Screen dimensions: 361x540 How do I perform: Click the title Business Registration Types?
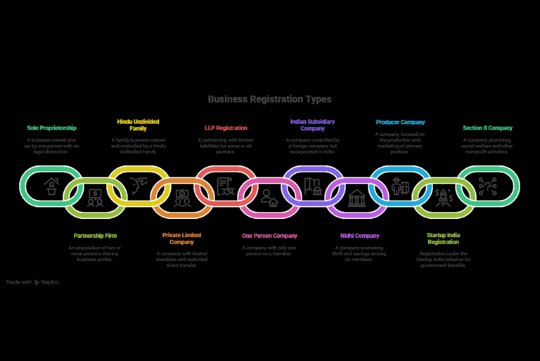269,99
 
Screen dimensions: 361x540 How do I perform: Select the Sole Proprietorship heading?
51,128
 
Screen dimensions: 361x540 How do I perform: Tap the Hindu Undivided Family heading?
138,125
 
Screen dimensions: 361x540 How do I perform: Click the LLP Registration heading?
226,128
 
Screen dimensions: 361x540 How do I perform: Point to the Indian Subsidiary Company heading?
312,125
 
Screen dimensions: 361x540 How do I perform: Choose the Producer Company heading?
400,122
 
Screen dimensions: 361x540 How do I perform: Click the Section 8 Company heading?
487,128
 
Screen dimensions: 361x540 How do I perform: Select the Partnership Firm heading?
95,236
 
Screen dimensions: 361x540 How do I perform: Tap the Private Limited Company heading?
181,239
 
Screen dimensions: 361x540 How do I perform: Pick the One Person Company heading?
269,236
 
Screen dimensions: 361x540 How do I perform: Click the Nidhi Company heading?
357,236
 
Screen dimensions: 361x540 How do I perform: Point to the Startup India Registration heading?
444,239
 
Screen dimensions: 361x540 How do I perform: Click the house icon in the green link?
51,186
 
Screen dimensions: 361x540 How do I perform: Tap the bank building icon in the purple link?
356,198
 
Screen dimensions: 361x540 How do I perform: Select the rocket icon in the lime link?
444,198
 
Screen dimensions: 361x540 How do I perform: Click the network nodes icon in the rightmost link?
487,186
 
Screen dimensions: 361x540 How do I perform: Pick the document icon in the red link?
226,186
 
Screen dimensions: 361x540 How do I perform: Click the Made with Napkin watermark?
32,281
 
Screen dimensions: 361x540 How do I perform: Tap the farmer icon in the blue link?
400,186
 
